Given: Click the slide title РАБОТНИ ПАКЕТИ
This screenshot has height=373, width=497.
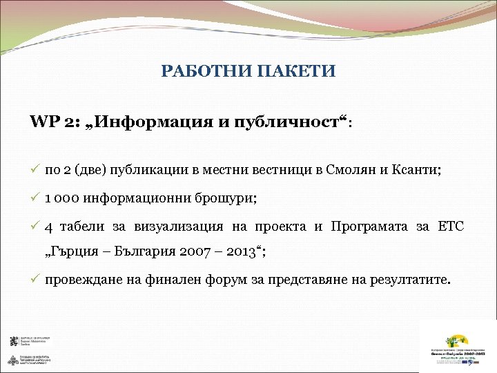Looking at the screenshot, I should (x=248, y=71).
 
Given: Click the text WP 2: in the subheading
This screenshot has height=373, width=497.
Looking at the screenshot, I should (x=55, y=122).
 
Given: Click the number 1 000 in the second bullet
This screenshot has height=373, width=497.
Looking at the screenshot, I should (x=62, y=198).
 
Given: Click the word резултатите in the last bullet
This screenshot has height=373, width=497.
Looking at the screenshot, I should (x=408, y=280).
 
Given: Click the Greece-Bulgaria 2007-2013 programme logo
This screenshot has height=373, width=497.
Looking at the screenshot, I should (x=456, y=350).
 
